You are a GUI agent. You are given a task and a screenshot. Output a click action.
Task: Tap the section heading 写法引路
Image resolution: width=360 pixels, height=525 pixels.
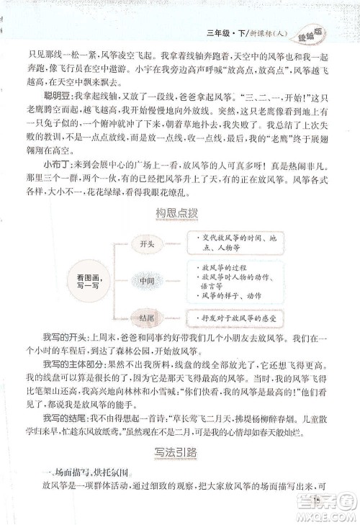pyautogui.click(x=177, y=452)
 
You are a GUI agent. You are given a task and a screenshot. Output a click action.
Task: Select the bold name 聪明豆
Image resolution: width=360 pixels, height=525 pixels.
pyautogui.click(x=56, y=97)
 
